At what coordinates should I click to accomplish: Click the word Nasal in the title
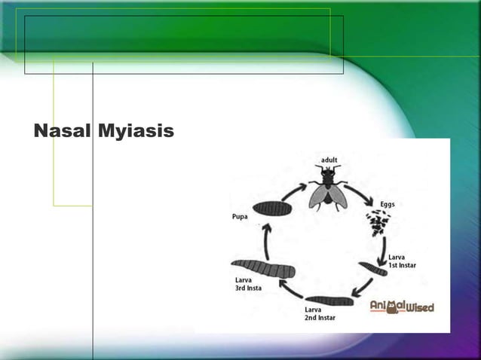pos(62,132)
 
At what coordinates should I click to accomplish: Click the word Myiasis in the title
pos(135,133)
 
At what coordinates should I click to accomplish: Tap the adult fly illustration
pos(326,188)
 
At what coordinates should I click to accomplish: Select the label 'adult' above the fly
pos(329,160)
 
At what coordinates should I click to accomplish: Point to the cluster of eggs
pos(378,223)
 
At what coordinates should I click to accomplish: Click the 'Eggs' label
pos(387,204)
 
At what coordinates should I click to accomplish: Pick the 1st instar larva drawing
pos(372,268)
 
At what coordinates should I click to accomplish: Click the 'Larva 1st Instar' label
pos(402,261)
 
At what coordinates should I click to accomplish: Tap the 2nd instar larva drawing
pos(329,301)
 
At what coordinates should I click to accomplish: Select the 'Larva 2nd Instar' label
pos(320,313)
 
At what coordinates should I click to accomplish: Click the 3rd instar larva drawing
pos(263,267)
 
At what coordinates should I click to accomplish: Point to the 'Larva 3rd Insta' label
pos(248,284)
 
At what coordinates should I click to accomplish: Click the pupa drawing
pos(272,209)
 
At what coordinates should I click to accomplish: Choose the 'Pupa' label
pos(240,217)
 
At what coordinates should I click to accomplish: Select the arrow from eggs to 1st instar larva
pos(385,247)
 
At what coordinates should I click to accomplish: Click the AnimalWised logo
pos(402,307)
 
